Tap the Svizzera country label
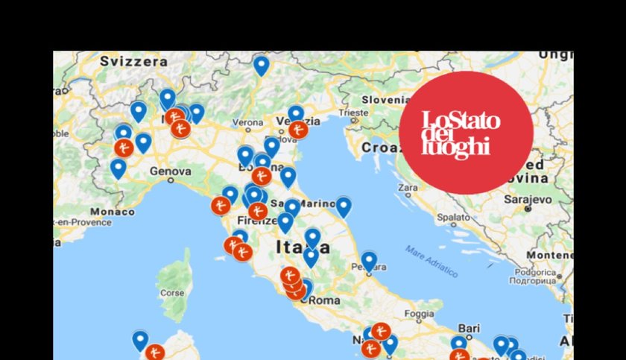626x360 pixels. click(x=131, y=61)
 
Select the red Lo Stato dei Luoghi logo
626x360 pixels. click(x=466, y=133)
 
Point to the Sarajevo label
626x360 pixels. click(x=526, y=200)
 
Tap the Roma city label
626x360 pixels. click(x=324, y=300)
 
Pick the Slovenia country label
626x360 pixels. click(x=387, y=100)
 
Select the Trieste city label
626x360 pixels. click(x=352, y=113)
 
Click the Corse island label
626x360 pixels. click(x=172, y=293)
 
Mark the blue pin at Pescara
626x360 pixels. click(x=369, y=261)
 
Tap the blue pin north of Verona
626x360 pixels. click(x=261, y=65)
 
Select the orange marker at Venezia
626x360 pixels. click(x=298, y=130)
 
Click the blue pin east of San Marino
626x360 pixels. click(x=344, y=206)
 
